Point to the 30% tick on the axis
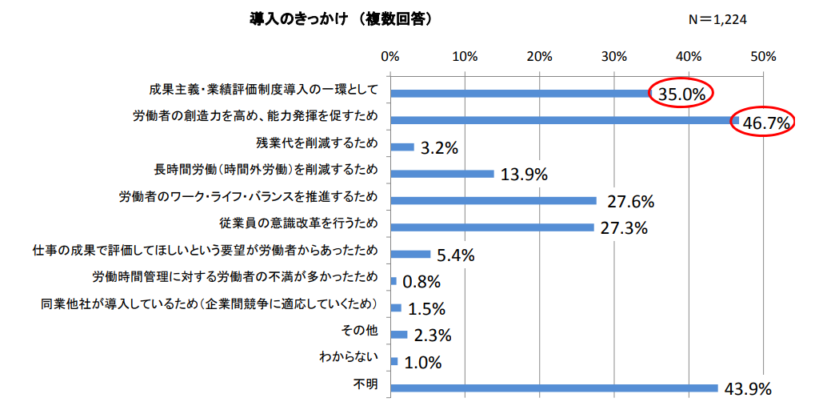click(x=613, y=57)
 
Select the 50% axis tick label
click(x=763, y=57)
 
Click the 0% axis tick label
click(x=390, y=57)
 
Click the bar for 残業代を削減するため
click(x=402, y=147)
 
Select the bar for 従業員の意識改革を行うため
click(x=492, y=227)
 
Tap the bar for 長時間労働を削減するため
click(x=442, y=173)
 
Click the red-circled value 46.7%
click(x=765, y=123)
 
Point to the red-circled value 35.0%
click(x=681, y=94)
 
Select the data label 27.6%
click(x=631, y=201)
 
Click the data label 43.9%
click(x=747, y=389)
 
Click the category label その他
click(x=359, y=331)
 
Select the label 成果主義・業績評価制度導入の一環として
click(x=262, y=89)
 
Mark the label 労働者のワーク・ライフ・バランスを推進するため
click(x=247, y=196)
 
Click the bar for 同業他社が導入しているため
click(x=396, y=308)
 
